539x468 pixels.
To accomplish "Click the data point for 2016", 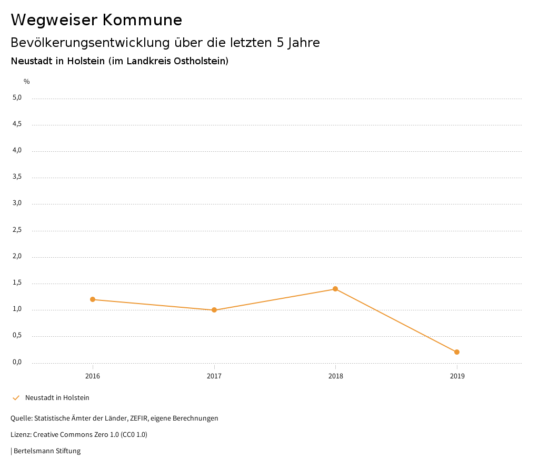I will pyautogui.click(x=93, y=299).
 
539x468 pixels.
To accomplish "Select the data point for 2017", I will pyautogui.click(x=214, y=310).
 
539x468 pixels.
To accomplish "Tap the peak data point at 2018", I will pyautogui.click(x=335, y=289).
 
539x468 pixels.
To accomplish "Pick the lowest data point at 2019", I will pyautogui.click(x=457, y=352).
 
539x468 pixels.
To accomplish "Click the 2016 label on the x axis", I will pyautogui.click(x=93, y=376).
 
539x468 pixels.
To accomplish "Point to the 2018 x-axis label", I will pyautogui.click(x=335, y=376).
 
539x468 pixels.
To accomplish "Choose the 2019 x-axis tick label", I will pyautogui.click(x=457, y=376).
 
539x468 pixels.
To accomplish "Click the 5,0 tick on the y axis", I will pyautogui.click(x=17, y=97).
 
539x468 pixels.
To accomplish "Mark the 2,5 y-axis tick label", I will pyautogui.click(x=17, y=230).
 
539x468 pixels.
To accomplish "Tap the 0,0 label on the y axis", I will pyautogui.click(x=17, y=362).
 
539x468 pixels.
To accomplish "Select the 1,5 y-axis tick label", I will pyautogui.click(x=17, y=283).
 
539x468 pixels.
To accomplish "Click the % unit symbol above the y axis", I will pyautogui.click(x=27, y=82).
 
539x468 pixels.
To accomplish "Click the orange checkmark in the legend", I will pyautogui.click(x=16, y=398).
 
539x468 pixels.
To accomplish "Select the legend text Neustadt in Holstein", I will pyautogui.click(x=57, y=398).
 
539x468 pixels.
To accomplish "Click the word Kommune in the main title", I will pyautogui.click(x=142, y=20).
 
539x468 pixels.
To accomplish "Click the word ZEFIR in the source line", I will pyautogui.click(x=139, y=418).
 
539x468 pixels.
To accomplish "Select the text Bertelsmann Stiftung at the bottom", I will pyautogui.click(x=47, y=451).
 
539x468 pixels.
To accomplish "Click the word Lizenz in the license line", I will pyautogui.click(x=21, y=435).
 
